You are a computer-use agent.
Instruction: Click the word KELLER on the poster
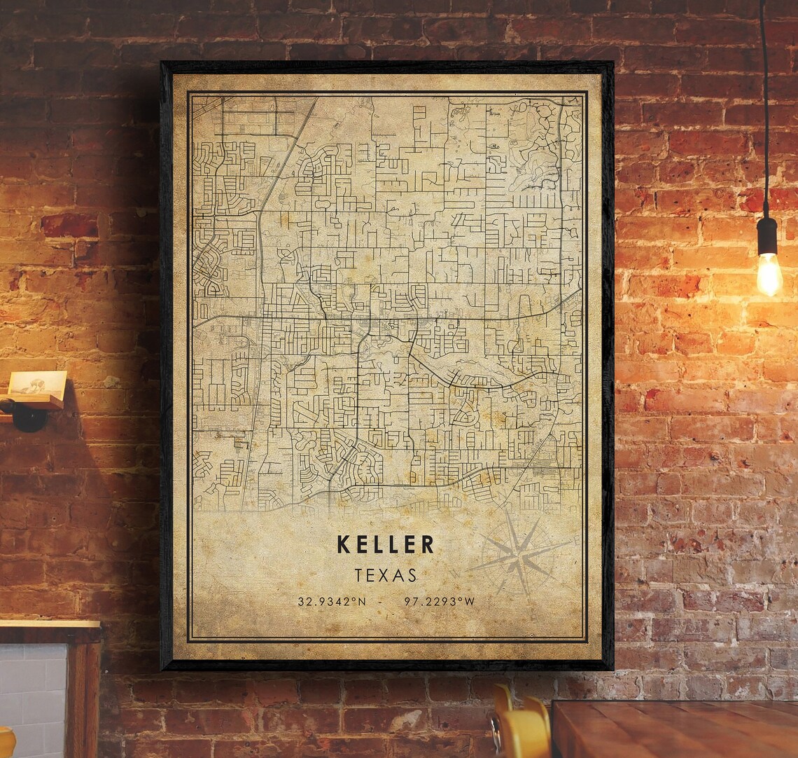pyautogui.click(x=386, y=544)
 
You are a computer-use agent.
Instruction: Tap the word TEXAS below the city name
pyautogui.click(x=386, y=575)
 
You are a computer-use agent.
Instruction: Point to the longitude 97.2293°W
pyautogui.click(x=440, y=601)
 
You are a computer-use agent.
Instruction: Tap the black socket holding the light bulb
pyautogui.click(x=767, y=235)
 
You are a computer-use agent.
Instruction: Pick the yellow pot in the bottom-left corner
pyautogui.click(x=6, y=743)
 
